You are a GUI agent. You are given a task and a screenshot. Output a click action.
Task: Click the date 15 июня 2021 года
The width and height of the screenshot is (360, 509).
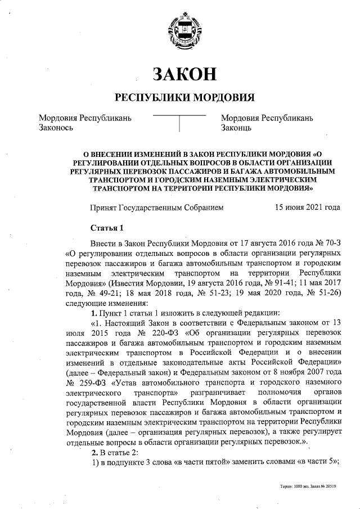[307, 208]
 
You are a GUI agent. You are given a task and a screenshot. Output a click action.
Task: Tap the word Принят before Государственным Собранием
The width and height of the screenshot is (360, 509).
[104, 208]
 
